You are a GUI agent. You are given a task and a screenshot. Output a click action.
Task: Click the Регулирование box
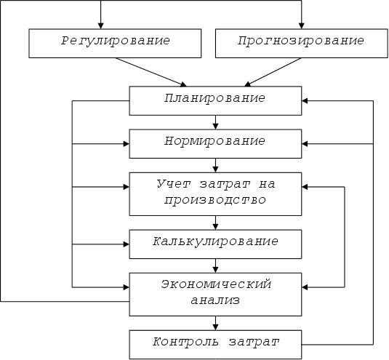click(x=115, y=44)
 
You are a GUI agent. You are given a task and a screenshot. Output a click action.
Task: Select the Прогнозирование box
click(x=302, y=44)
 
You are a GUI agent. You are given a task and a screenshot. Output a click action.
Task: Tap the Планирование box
click(x=215, y=101)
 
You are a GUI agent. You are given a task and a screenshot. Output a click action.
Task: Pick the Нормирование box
click(x=215, y=144)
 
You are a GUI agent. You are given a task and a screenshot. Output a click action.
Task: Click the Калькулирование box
click(x=215, y=244)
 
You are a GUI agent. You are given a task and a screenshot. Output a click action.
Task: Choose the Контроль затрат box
click(x=215, y=345)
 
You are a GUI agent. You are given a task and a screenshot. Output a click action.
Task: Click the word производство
click(x=214, y=201)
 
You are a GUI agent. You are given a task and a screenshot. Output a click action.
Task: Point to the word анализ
click(x=215, y=300)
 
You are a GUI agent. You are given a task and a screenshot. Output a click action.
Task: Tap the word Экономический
click(x=216, y=284)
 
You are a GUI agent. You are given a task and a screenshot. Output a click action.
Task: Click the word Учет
click(x=174, y=184)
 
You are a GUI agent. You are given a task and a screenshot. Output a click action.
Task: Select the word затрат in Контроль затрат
click(x=254, y=342)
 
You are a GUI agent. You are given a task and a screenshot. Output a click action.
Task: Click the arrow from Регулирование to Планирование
click(x=151, y=72)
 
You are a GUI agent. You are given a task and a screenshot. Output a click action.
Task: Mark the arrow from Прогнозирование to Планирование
click(x=273, y=72)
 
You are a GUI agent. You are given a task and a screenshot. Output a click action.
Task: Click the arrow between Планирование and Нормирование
click(x=215, y=122)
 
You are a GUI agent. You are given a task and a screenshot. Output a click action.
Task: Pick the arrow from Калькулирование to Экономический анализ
click(x=215, y=265)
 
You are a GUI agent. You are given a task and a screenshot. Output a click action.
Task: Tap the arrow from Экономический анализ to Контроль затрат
click(x=215, y=323)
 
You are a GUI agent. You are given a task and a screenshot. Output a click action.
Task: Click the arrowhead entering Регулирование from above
click(x=100, y=25)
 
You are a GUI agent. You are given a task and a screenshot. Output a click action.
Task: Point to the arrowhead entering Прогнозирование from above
click(x=302, y=25)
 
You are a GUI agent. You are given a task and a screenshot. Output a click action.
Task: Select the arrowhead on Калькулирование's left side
click(x=127, y=244)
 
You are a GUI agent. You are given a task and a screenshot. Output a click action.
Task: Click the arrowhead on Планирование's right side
click(x=305, y=101)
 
